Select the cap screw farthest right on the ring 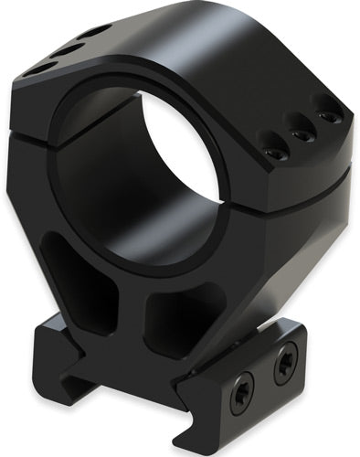pyautogui.click(x=323, y=115)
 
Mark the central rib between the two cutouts pyautogui.click(x=137, y=302)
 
